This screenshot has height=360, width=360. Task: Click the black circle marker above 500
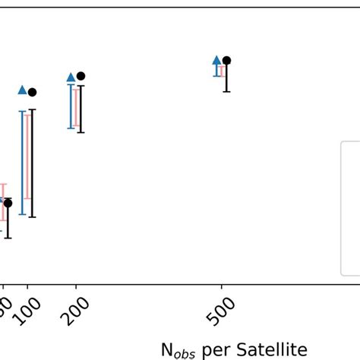(226, 61)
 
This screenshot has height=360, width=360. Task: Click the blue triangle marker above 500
(216, 60)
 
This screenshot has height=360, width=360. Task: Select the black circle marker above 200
(81, 76)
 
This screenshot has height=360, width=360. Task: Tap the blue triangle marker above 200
(71, 77)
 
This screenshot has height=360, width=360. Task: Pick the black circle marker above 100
(32, 92)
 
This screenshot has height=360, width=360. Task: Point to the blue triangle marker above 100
(23, 90)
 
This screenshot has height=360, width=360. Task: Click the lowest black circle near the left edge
(8, 203)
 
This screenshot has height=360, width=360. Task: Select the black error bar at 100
(32, 163)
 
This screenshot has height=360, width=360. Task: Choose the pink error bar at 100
(27, 156)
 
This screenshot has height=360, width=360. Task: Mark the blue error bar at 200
(71, 106)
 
